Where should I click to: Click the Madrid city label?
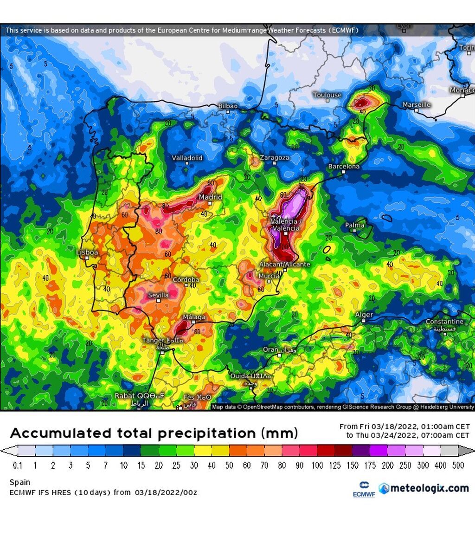pyautogui.click(x=211, y=197)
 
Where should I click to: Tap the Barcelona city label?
pyautogui.click(x=344, y=166)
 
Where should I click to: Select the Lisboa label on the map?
pyautogui.click(x=87, y=252)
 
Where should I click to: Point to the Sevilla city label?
pyautogui.click(x=158, y=295)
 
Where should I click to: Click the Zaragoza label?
pyautogui.click(x=274, y=158)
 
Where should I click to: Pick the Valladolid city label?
pyautogui.click(x=187, y=158)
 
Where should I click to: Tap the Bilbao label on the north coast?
pyautogui.click(x=228, y=106)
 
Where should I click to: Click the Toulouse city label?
pyautogui.click(x=327, y=95)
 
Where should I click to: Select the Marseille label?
pyautogui.click(x=416, y=104)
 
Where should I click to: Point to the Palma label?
pyautogui.click(x=355, y=225)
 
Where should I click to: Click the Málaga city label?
pyautogui.click(x=194, y=317)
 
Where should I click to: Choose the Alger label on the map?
pyautogui.click(x=364, y=315)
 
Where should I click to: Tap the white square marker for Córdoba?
pyautogui.click(x=186, y=285)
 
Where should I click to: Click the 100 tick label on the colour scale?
pyautogui.click(x=317, y=465)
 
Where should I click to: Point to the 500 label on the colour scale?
pyautogui.click(x=458, y=465)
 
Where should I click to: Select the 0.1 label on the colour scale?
pyautogui.click(x=18, y=465)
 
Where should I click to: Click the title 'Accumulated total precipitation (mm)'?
pyautogui.click(x=154, y=433)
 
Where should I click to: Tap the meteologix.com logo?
pyautogui.click(x=424, y=488)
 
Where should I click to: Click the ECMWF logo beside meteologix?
pyautogui.click(x=364, y=490)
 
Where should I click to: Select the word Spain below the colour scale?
pyautogui.click(x=19, y=483)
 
